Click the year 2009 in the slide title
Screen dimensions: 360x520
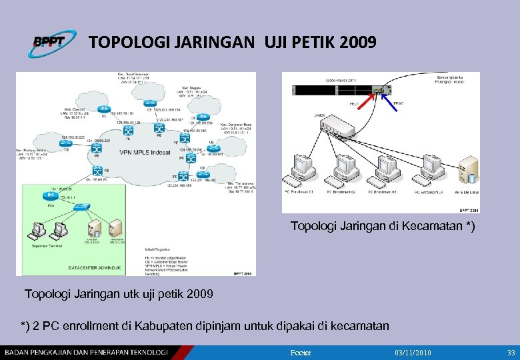(x=357, y=43)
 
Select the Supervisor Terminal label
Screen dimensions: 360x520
(x=45, y=245)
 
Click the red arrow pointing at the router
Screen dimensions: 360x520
(x=364, y=100)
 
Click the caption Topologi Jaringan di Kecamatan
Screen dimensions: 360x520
(x=383, y=227)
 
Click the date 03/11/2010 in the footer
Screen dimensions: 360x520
(x=413, y=353)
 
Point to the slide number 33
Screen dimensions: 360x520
(x=511, y=353)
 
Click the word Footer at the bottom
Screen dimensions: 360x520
(x=301, y=353)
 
